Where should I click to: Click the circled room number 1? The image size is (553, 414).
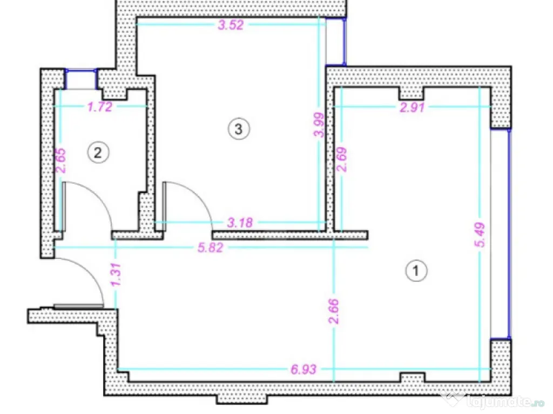coord(416,271)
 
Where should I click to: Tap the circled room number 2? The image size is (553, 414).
coord(98,153)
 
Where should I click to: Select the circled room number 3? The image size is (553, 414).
coord(239,129)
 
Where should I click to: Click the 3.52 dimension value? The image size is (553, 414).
coord(231,25)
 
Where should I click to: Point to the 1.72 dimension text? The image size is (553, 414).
coord(100,107)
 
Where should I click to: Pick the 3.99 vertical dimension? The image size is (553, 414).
coord(319,125)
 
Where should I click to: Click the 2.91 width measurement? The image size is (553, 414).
coord(412,107)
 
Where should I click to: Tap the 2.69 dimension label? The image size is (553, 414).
coord(342,159)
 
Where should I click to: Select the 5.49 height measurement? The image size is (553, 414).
coord(480,234)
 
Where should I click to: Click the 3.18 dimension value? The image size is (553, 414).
coord(240,223)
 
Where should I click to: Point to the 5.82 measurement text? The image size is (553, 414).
coord(210,247)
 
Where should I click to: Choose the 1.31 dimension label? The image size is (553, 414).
coord(116,274)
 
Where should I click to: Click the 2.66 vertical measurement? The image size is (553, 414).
coord(333,311)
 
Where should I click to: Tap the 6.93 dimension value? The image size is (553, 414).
coord(304,369)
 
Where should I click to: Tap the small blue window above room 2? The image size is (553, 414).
coord(81,79)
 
